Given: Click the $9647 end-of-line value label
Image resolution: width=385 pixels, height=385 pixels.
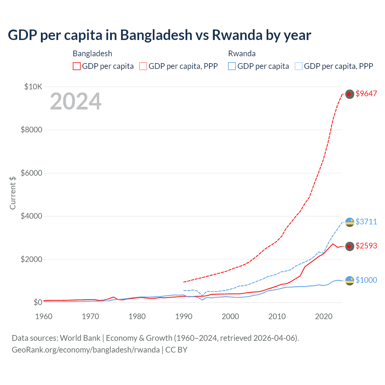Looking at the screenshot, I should coord(366,94).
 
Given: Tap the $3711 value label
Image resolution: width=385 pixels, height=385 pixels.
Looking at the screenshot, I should coord(366,222).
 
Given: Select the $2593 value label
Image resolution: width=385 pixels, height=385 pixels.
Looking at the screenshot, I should coord(366,246).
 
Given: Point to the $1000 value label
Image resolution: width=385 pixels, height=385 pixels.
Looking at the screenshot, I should coord(366,280).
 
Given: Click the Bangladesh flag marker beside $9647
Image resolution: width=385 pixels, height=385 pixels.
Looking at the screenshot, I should coord(349,94).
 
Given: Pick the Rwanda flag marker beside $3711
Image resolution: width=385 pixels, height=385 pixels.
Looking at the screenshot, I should coord(350,222).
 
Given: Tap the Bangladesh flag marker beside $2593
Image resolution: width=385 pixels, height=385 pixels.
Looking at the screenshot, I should coord(349,246).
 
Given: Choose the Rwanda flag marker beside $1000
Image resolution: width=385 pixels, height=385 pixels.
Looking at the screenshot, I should coord(350,281).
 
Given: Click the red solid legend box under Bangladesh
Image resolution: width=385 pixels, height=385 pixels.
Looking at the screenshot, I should coord(77,66).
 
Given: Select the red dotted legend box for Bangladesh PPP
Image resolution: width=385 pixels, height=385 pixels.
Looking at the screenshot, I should coord(143,66).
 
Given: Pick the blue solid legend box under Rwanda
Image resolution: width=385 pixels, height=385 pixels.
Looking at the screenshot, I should coord(232,66).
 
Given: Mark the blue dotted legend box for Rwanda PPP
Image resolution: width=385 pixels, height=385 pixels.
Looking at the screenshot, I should coord(299,66).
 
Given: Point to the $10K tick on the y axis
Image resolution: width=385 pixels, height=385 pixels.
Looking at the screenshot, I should coord(33,87).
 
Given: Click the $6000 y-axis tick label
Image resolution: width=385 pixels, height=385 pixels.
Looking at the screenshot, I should coord(31,173).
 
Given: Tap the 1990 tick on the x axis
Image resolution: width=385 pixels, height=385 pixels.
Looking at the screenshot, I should coord(184,316).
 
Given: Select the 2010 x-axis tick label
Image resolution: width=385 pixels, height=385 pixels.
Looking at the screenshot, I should coord(277,316).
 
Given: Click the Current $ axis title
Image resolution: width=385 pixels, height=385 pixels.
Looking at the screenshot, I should coord(13,193).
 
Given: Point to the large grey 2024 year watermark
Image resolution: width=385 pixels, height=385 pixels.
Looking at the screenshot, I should coord(75,102).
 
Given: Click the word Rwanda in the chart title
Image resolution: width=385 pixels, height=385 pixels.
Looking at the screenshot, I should coord(237,35).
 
